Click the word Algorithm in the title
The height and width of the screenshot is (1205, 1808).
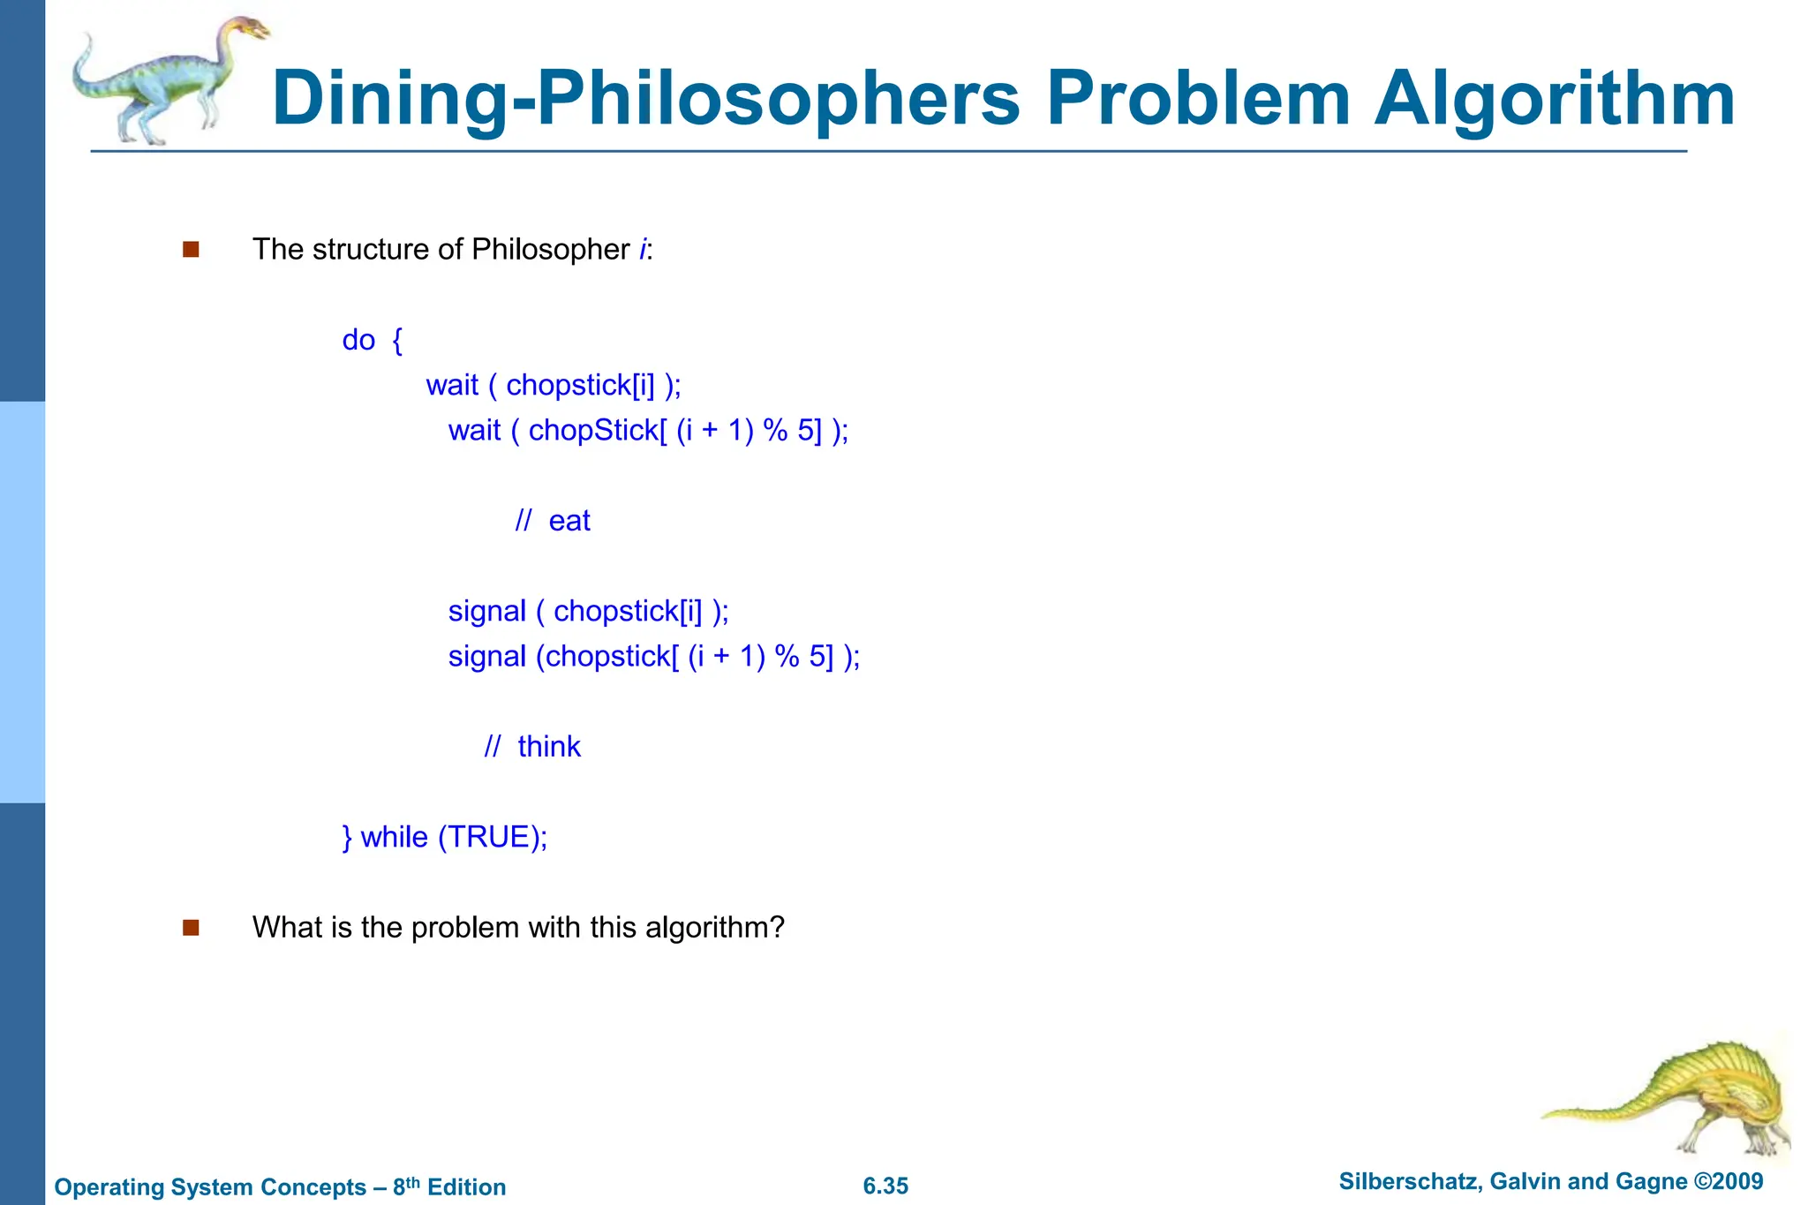(x=1555, y=99)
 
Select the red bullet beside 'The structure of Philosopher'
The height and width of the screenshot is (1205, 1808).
(x=191, y=250)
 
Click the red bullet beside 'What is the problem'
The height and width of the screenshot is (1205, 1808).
(x=191, y=928)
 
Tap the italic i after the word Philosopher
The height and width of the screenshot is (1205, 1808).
(x=643, y=250)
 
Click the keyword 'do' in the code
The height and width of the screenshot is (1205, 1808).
(x=358, y=340)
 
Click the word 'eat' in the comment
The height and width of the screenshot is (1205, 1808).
(x=569, y=521)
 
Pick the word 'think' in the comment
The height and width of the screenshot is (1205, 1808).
(x=549, y=747)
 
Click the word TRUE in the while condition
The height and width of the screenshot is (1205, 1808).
(x=487, y=837)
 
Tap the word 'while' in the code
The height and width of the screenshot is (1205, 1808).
(x=394, y=837)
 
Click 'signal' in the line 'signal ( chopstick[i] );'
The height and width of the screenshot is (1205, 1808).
(x=486, y=611)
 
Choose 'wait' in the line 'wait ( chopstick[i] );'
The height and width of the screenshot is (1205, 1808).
(x=452, y=386)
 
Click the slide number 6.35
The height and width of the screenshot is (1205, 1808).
(x=885, y=1186)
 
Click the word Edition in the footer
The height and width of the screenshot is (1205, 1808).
(x=466, y=1187)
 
